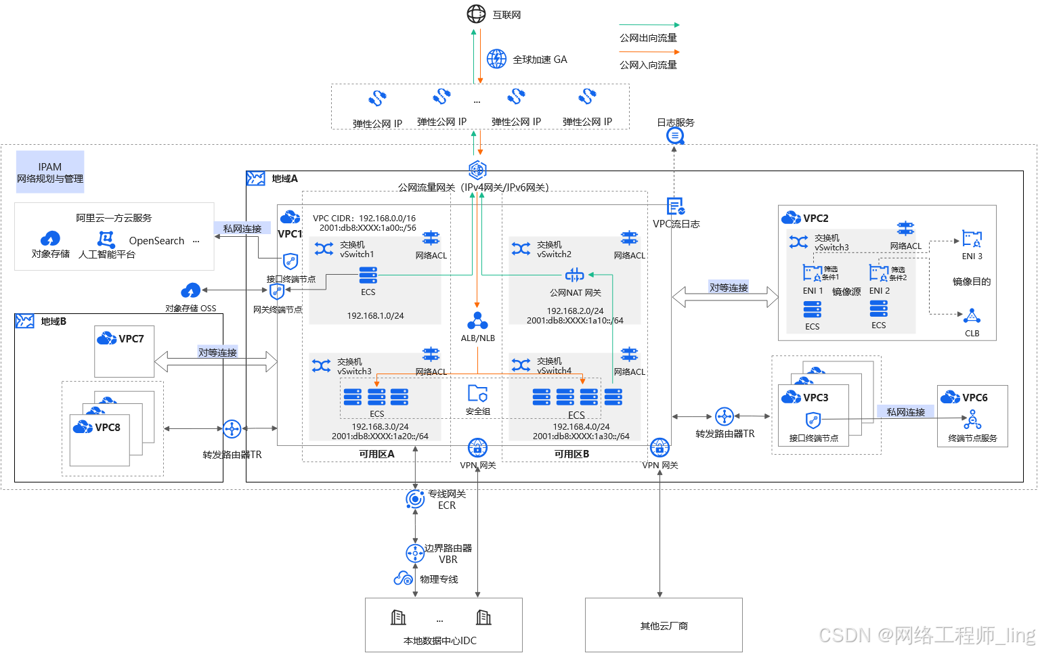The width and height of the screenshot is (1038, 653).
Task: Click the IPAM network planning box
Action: pos(50,172)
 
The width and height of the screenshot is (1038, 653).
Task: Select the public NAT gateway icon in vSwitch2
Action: pos(574,275)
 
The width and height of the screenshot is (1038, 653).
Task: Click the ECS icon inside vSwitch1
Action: pos(368,275)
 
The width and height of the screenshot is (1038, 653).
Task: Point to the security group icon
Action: pos(477,394)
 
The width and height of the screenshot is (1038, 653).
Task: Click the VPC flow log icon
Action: pos(675,206)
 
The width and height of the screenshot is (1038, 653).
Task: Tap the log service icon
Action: pos(675,136)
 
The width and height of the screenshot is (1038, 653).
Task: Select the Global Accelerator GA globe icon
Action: pos(496,59)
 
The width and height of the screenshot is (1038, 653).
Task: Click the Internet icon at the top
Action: pos(477,14)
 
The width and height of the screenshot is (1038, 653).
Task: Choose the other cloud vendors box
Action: pos(664,625)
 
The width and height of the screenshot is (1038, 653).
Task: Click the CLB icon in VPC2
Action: pos(972,317)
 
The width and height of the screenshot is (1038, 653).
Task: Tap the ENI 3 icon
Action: pos(972,240)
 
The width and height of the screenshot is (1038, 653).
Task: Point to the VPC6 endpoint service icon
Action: pos(973,420)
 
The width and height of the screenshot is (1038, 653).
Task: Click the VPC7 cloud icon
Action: pos(106,338)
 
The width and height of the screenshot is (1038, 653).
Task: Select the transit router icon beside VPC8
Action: pos(232,429)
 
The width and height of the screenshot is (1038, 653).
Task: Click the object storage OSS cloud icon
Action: pos(191,291)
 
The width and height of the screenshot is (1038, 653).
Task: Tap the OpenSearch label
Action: pos(156,241)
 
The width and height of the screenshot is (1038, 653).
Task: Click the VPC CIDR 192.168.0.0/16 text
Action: pos(364,219)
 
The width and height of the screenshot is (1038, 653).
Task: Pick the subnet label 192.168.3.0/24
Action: pos(380,427)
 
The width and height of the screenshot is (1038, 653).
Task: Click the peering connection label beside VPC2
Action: pos(729,288)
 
